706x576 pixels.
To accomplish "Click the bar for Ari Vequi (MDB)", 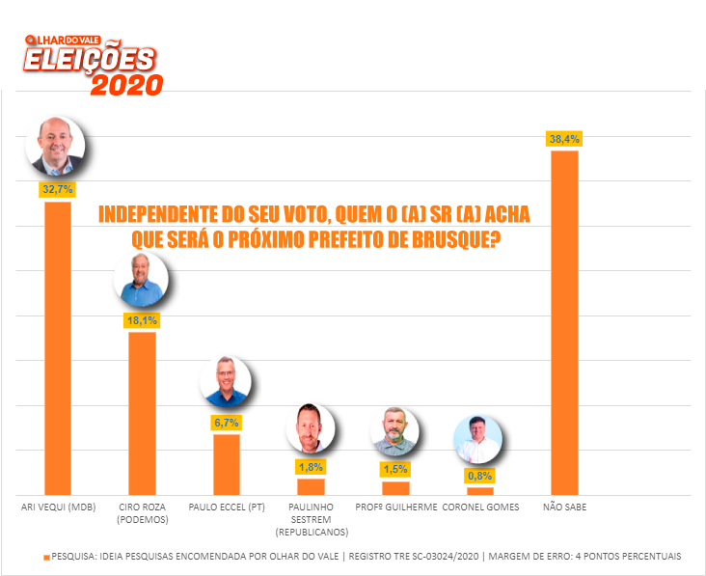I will pyautogui.click(x=58, y=347).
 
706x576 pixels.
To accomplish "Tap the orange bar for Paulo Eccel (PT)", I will pyautogui.click(x=227, y=464).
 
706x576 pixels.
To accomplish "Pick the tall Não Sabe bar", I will pyautogui.click(x=564, y=322).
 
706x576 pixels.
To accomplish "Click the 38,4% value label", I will pyautogui.click(x=564, y=140).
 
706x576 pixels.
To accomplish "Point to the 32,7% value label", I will pyautogui.click(x=58, y=190).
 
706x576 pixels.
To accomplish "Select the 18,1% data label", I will pyautogui.click(x=142, y=320).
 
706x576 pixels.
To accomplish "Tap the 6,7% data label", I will pyautogui.click(x=227, y=423).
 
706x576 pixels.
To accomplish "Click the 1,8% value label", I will pyautogui.click(x=311, y=467).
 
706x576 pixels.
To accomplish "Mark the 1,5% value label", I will pyautogui.click(x=395, y=469).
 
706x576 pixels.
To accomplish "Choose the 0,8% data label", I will pyautogui.click(x=479, y=476).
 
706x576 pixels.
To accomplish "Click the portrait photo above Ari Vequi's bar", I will pyautogui.click(x=59, y=146).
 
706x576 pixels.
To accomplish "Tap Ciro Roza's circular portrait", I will pyautogui.click(x=141, y=280).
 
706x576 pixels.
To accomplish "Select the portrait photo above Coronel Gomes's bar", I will pyautogui.click(x=478, y=440).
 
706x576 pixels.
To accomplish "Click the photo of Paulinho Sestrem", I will pyautogui.click(x=311, y=428).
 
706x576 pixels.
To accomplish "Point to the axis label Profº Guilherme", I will pyautogui.click(x=395, y=507).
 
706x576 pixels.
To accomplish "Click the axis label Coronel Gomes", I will pyautogui.click(x=480, y=507).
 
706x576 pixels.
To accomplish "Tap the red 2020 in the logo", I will pyautogui.click(x=126, y=84).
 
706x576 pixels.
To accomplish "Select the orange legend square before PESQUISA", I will pyautogui.click(x=44, y=557).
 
